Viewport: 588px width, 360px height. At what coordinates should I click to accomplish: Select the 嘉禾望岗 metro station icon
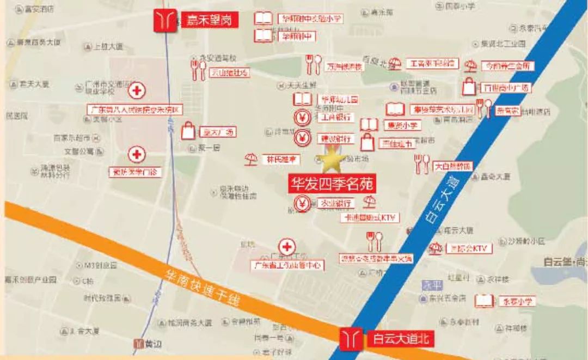pyautogui.click(x=164, y=21)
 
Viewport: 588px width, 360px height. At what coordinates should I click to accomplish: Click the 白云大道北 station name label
pyautogui.click(x=401, y=339)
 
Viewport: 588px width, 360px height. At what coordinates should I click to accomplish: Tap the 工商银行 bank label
pyautogui.click(x=336, y=117)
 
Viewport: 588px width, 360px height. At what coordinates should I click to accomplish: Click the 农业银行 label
pyautogui.click(x=336, y=203)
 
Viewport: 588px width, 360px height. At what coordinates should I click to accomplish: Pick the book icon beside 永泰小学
pyautogui.click(x=483, y=301)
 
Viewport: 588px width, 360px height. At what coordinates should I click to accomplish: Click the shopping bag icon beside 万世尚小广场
pyautogui.click(x=469, y=87)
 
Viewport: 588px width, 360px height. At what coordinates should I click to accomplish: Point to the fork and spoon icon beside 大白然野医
pyautogui.click(x=422, y=164)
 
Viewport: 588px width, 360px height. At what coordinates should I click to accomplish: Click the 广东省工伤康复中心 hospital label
pyautogui.click(x=287, y=266)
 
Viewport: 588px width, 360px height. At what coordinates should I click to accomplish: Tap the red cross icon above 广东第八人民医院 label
pyautogui.click(x=137, y=91)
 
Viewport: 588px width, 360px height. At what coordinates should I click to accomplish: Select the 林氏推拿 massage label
pyautogui.click(x=282, y=160)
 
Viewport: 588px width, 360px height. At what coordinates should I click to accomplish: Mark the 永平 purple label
pyautogui.click(x=430, y=285)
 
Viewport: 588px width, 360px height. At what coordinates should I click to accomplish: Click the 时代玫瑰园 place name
pyautogui.click(x=102, y=298)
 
